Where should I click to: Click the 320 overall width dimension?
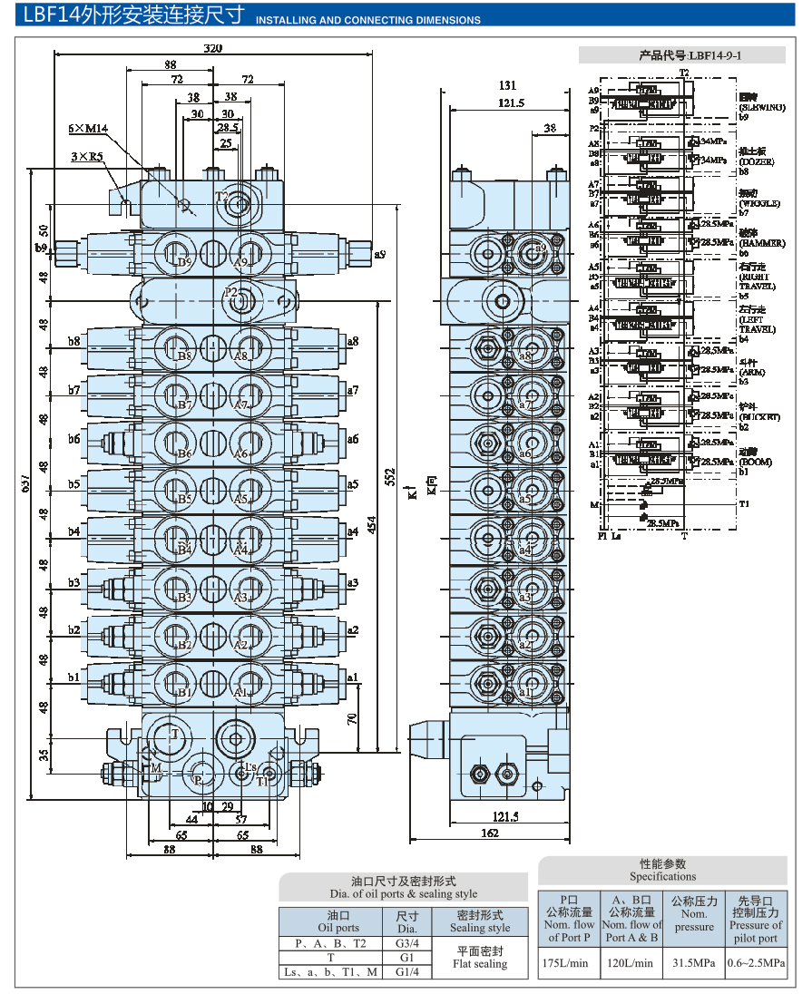(212, 48)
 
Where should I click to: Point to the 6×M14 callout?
(88, 129)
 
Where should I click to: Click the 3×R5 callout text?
(87, 157)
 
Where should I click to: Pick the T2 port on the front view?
(222, 196)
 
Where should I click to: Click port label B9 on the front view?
(185, 262)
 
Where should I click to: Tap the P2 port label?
(231, 292)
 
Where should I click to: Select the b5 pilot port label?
(73, 484)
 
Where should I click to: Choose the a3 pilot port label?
(353, 582)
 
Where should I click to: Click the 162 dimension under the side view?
(490, 833)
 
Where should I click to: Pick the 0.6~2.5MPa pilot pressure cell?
(756, 963)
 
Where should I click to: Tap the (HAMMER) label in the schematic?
(759, 244)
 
